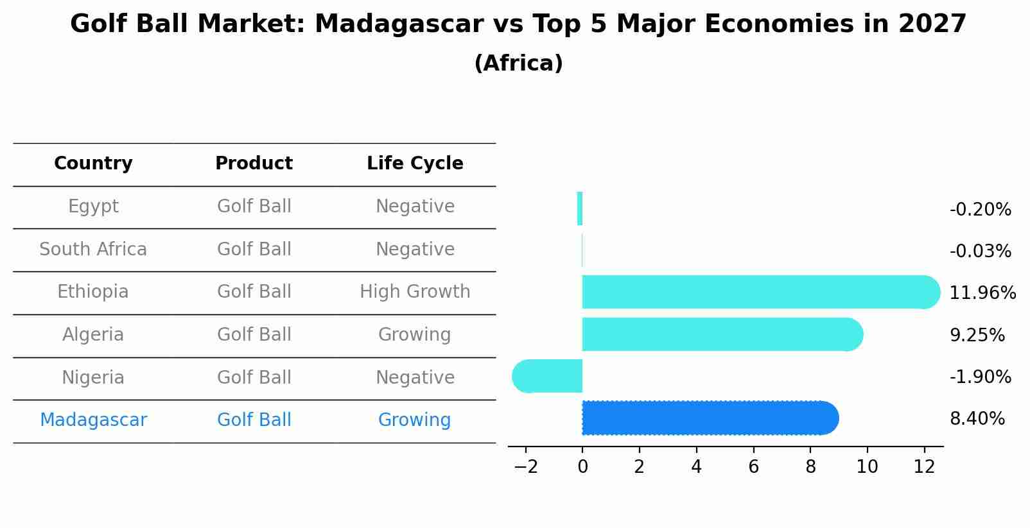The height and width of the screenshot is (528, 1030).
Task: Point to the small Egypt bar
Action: pos(580,209)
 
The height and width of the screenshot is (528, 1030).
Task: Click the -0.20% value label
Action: pos(980,210)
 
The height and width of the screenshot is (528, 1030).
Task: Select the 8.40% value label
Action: pos(977,419)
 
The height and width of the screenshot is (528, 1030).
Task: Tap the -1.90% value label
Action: pos(980,377)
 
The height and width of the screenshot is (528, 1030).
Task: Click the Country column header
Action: pos(93,164)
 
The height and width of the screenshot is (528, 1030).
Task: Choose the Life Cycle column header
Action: pos(415,164)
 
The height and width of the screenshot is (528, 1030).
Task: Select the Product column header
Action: pos(254,164)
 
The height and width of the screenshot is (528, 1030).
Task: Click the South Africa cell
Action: pos(93,250)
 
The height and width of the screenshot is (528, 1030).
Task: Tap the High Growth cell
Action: pos(415,292)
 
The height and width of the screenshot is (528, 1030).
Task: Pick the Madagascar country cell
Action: pos(93,420)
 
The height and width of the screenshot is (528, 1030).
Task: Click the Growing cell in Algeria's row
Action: pos(414,335)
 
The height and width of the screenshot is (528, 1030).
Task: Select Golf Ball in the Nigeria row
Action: pos(254,378)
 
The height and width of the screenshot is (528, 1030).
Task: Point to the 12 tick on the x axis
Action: pos(924,467)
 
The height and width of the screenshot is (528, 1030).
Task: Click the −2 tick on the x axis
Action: pos(525,467)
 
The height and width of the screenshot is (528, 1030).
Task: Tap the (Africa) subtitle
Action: pos(518,64)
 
